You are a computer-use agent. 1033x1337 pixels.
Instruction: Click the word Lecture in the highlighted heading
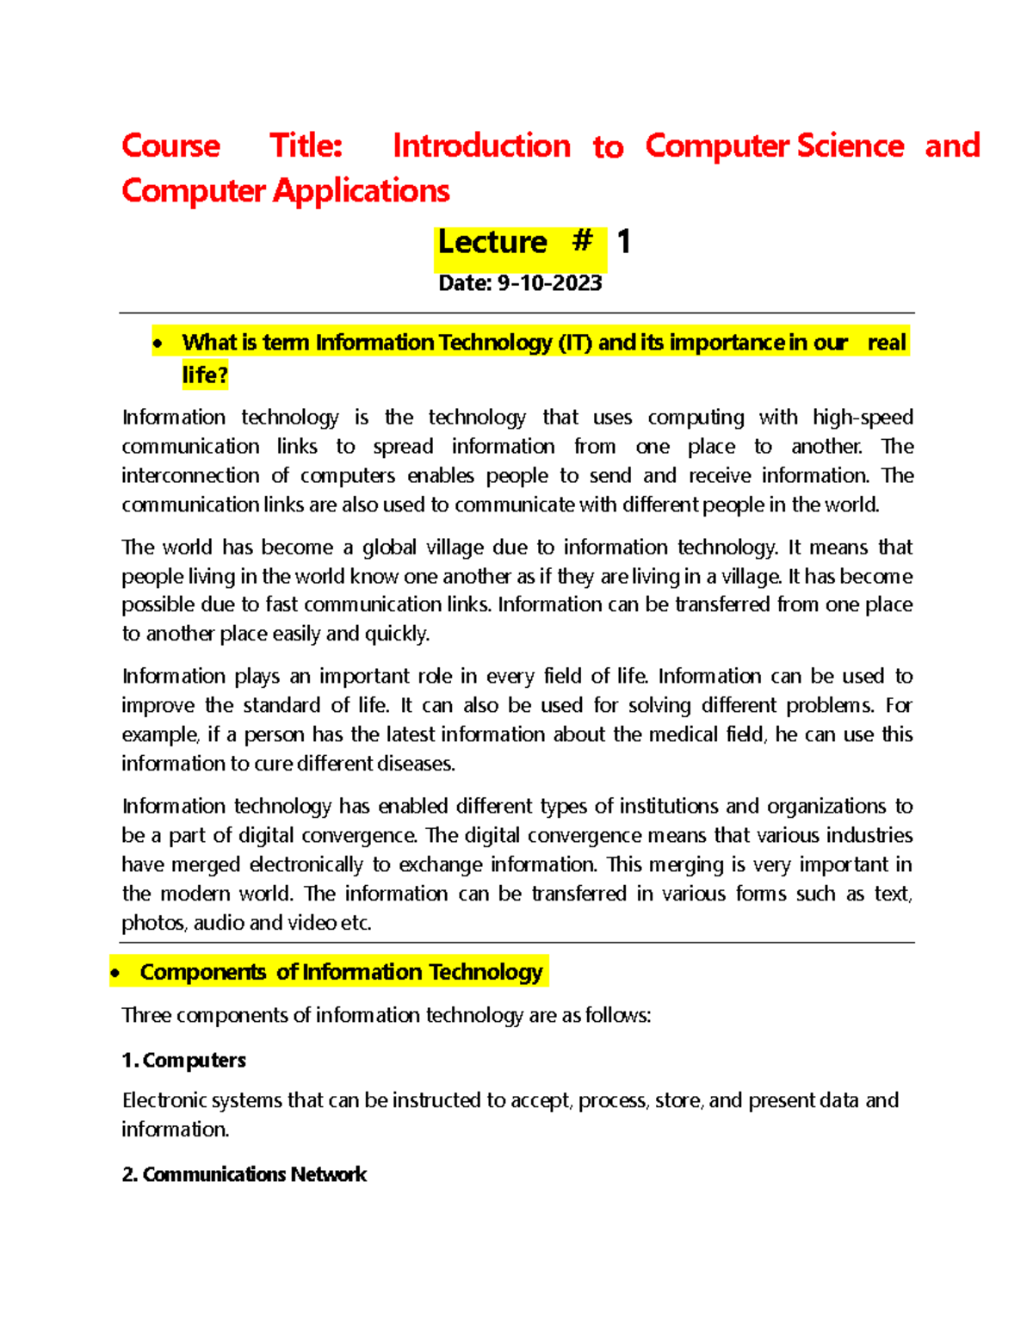coord(492,243)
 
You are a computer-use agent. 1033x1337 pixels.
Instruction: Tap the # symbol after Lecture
coord(582,241)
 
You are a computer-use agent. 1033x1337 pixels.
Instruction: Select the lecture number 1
coord(624,242)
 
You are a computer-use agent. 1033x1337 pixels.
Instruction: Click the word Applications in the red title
coord(361,191)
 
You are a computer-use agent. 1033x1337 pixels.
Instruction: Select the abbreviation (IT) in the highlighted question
coord(575,343)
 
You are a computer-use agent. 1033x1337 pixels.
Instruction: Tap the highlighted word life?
coord(204,375)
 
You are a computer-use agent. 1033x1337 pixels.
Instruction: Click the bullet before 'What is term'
coord(157,344)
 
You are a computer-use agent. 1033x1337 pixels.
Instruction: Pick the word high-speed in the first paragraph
coord(863,418)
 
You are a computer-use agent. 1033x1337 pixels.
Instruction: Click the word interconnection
coord(190,476)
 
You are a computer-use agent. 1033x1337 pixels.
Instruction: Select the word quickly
coord(396,634)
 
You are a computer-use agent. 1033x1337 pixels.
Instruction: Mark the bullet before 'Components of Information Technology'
coord(115,974)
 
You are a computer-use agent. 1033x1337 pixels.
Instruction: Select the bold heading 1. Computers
coord(183,1061)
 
